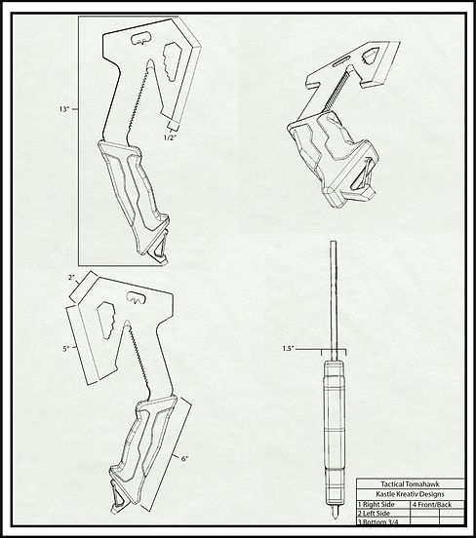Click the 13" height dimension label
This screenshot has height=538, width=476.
pos(65,110)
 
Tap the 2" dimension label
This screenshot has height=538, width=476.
pos(70,279)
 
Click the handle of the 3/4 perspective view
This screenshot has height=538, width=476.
pos(337,161)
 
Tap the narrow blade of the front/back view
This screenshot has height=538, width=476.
pos(335,292)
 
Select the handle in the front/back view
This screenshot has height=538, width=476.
pos(333,419)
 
